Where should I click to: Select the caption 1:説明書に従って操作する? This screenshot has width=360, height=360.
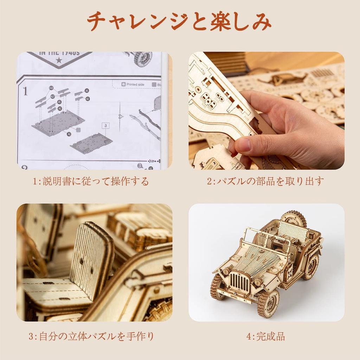[x=91, y=181]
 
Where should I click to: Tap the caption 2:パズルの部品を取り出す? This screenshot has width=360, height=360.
[x=265, y=181]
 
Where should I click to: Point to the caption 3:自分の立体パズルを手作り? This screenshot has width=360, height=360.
[x=91, y=336]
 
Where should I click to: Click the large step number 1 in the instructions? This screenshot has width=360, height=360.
[x=25, y=91]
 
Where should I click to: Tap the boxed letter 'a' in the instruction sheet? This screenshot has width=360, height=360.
[x=105, y=125]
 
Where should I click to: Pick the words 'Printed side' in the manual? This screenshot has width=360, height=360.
[x=137, y=85]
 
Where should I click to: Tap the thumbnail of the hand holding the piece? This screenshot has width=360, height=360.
[x=266, y=110]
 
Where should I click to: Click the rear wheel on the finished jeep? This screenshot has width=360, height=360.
[x=311, y=266]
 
